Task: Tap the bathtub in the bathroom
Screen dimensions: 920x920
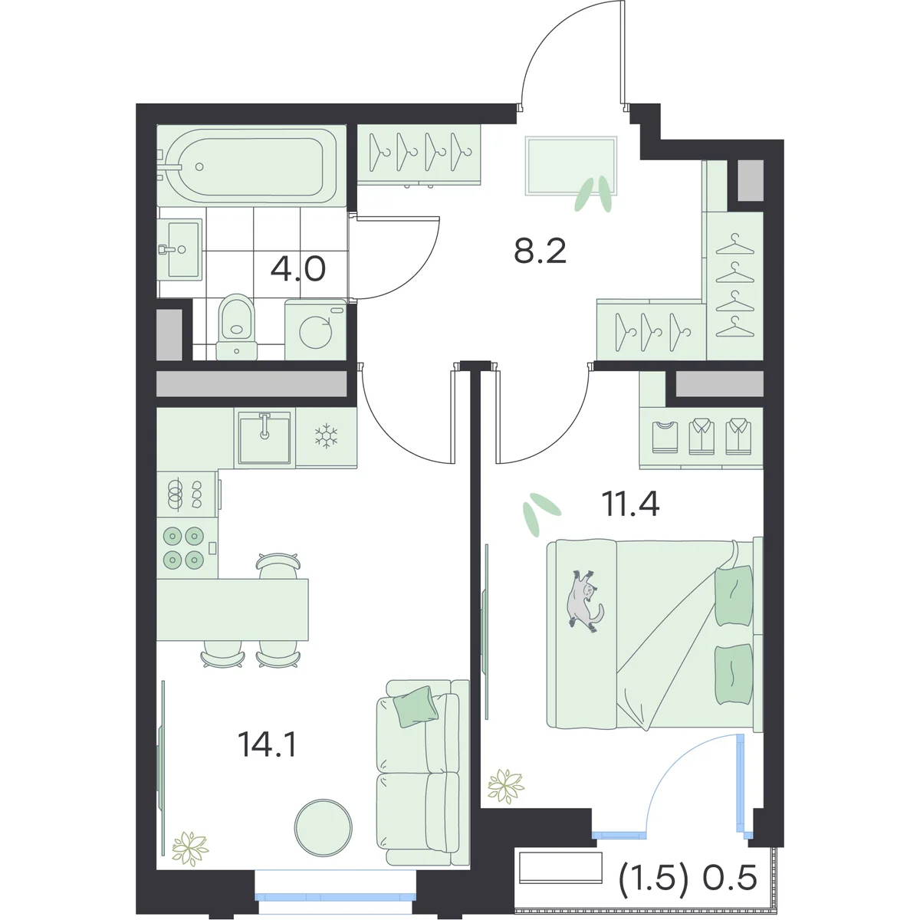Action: pyautogui.click(x=251, y=166)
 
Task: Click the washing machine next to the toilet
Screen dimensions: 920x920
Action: pyautogui.click(x=316, y=330)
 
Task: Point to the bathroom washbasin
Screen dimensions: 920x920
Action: pyautogui.click(x=179, y=248)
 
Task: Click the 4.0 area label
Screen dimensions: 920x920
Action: pyautogui.click(x=298, y=269)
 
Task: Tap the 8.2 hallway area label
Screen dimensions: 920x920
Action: pyautogui.click(x=540, y=251)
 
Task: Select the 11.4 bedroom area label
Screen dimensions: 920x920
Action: pyautogui.click(x=630, y=504)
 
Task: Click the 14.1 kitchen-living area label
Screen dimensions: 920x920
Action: pyautogui.click(x=268, y=744)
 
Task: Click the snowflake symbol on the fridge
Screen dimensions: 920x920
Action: pyautogui.click(x=326, y=435)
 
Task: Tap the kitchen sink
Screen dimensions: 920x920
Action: pyautogui.click(x=264, y=437)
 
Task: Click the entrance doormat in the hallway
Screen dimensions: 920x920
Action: pyautogui.click(x=571, y=166)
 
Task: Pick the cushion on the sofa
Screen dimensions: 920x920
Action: pyautogui.click(x=416, y=707)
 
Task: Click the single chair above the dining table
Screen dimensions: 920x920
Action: pyautogui.click(x=278, y=565)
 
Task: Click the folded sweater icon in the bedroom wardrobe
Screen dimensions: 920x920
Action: pyautogui.click(x=665, y=437)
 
